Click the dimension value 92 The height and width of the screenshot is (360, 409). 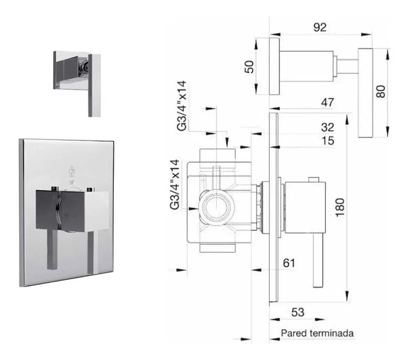(320, 27)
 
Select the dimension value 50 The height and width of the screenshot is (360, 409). (249, 67)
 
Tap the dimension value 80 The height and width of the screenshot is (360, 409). (381, 91)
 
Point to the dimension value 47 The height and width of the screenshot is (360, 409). (327, 102)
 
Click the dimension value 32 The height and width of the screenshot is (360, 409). (327, 127)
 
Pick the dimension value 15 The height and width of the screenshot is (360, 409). (328, 141)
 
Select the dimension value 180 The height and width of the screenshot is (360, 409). (340, 207)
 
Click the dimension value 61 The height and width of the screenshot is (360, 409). (289, 263)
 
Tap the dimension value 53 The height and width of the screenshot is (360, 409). (298, 312)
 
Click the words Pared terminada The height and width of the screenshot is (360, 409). (317, 333)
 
